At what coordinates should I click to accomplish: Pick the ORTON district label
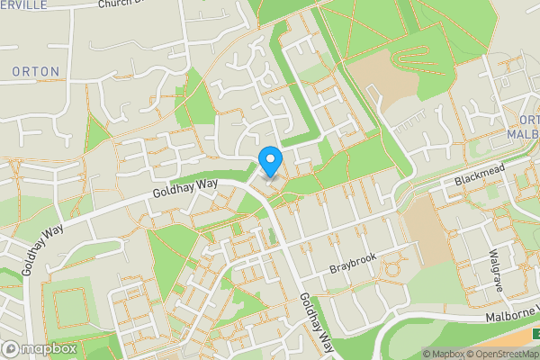(x=36, y=71)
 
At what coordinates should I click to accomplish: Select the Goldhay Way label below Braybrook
(x=317, y=322)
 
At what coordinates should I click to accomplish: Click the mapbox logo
(x=40, y=348)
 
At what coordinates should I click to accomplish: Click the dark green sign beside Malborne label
(x=535, y=334)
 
